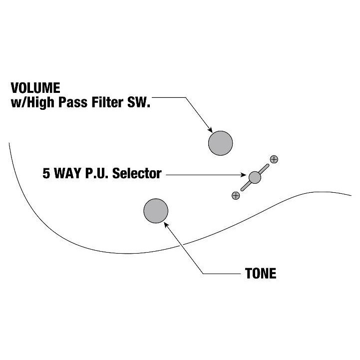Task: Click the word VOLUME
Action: [35, 88]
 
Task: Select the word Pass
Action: [73, 102]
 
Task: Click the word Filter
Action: [107, 102]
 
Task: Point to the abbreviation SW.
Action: [139, 102]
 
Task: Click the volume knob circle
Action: [220, 143]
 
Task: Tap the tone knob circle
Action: [156, 211]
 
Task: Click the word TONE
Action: [261, 274]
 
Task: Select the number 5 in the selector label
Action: [46, 173]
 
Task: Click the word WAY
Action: [68, 173]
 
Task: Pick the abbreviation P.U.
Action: [97, 173]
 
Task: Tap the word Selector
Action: [137, 173]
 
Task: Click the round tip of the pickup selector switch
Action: [255, 177]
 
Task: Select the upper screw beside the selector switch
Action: [274, 159]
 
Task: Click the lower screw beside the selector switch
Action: [236, 196]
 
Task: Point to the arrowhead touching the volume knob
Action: [210, 130]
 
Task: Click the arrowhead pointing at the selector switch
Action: [243, 175]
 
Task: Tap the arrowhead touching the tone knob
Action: [166, 225]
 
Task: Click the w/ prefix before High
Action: [18, 102]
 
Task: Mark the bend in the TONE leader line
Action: [203, 274]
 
